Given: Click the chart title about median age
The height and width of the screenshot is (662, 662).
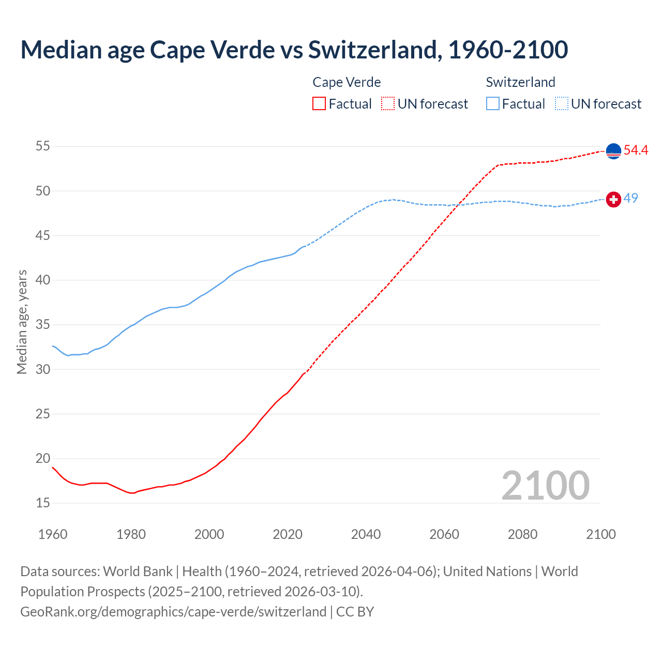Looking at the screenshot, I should [x=294, y=50].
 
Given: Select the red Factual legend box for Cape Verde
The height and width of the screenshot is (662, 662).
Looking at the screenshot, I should [x=319, y=103].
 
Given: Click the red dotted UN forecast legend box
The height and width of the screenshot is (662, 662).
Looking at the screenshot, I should [x=388, y=103].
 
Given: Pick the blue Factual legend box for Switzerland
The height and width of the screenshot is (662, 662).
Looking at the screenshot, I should [x=493, y=103].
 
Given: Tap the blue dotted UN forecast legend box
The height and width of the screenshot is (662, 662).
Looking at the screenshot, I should [x=561, y=103].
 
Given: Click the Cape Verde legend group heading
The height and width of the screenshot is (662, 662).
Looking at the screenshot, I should [x=347, y=82].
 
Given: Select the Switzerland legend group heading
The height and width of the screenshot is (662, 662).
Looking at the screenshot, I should [x=520, y=82].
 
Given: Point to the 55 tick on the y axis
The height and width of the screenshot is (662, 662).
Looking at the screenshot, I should [x=43, y=146].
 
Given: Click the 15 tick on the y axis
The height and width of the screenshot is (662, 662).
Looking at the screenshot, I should [x=43, y=503].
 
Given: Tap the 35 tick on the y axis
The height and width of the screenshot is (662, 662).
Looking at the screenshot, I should [x=43, y=325].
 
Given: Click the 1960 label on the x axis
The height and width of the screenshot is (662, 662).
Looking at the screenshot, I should [x=53, y=534].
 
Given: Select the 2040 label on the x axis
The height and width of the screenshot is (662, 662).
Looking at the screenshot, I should [x=366, y=534].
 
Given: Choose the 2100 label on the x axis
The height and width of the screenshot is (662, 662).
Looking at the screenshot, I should [x=600, y=534].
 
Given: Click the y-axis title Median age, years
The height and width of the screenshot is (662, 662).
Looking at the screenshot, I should [x=22, y=322].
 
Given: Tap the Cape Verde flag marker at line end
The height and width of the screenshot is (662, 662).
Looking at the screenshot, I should [x=613, y=151].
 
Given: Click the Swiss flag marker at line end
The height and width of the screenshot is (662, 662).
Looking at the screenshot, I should [x=613, y=199].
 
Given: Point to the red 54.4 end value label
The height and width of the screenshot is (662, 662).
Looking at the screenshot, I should [x=636, y=151].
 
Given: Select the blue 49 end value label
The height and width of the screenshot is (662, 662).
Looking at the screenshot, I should [x=630, y=198].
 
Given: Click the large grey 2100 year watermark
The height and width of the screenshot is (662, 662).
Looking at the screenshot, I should [x=545, y=486].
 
